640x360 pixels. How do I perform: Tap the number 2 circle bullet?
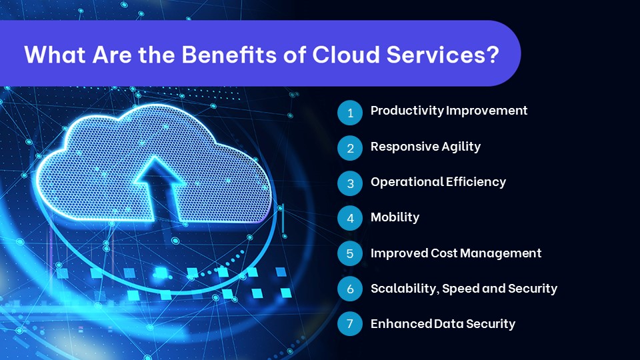tap(349, 148)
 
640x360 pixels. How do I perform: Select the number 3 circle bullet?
tap(349, 183)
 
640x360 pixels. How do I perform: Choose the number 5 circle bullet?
tap(349, 254)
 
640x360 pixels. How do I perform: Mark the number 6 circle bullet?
tap(349, 289)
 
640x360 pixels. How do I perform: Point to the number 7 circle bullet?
tap(349, 325)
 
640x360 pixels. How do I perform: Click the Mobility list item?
tap(395, 217)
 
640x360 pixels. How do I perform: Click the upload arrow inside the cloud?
tap(160, 187)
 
